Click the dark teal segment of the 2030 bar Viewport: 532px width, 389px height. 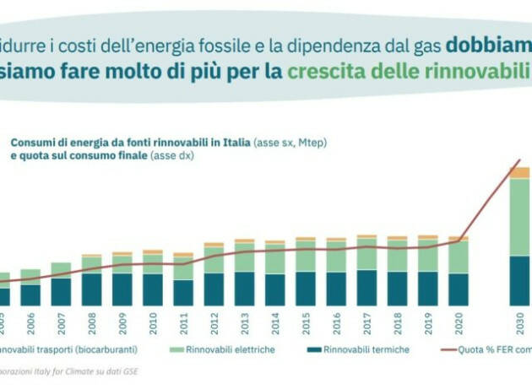coord(518,280)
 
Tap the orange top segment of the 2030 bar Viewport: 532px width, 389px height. coord(518,172)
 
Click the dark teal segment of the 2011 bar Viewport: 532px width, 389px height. coord(183,292)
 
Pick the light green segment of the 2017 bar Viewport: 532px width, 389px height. coord(366,253)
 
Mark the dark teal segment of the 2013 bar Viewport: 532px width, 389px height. coord(244,289)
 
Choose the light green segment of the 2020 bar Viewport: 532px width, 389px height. coord(459,257)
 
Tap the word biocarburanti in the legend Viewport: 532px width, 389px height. coord(101,349)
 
